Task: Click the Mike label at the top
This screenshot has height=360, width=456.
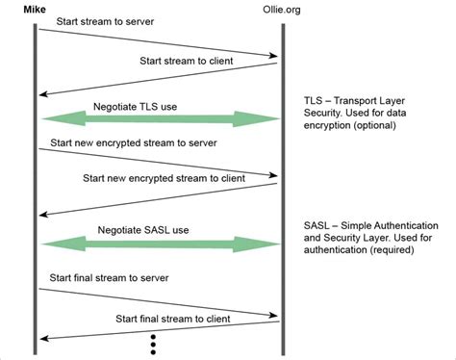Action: click(38, 8)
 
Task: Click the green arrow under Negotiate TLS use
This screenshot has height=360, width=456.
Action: click(160, 119)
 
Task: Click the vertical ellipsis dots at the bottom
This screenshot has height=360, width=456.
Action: click(152, 345)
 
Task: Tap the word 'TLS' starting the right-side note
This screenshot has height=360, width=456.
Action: click(314, 100)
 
